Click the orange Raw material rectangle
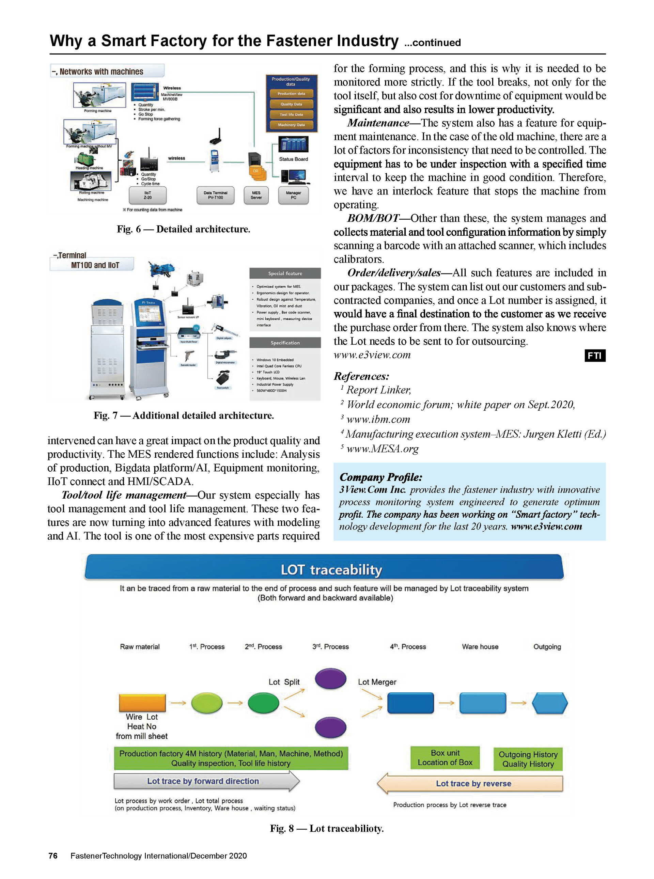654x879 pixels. [142, 703]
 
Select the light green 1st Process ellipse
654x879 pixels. [207, 703]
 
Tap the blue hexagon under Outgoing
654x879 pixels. [549, 703]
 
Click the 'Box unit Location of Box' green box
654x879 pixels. [445, 757]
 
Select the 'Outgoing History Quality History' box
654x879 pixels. [528, 759]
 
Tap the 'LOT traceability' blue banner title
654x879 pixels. [331, 569]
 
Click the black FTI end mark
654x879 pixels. [595, 356]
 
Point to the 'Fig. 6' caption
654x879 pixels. [183, 229]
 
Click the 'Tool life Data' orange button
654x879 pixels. [291, 114]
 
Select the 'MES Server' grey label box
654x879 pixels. [256, 195]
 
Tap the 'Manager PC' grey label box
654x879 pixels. [293, 195]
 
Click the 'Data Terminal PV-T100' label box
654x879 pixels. [215, 195]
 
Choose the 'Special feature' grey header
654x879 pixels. [285, 273]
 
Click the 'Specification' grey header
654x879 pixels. [285, 343]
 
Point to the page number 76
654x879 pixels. [53, 856]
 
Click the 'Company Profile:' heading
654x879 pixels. [381, 477]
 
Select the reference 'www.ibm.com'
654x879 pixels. [378, 419]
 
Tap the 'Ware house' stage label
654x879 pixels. [480, 647]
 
